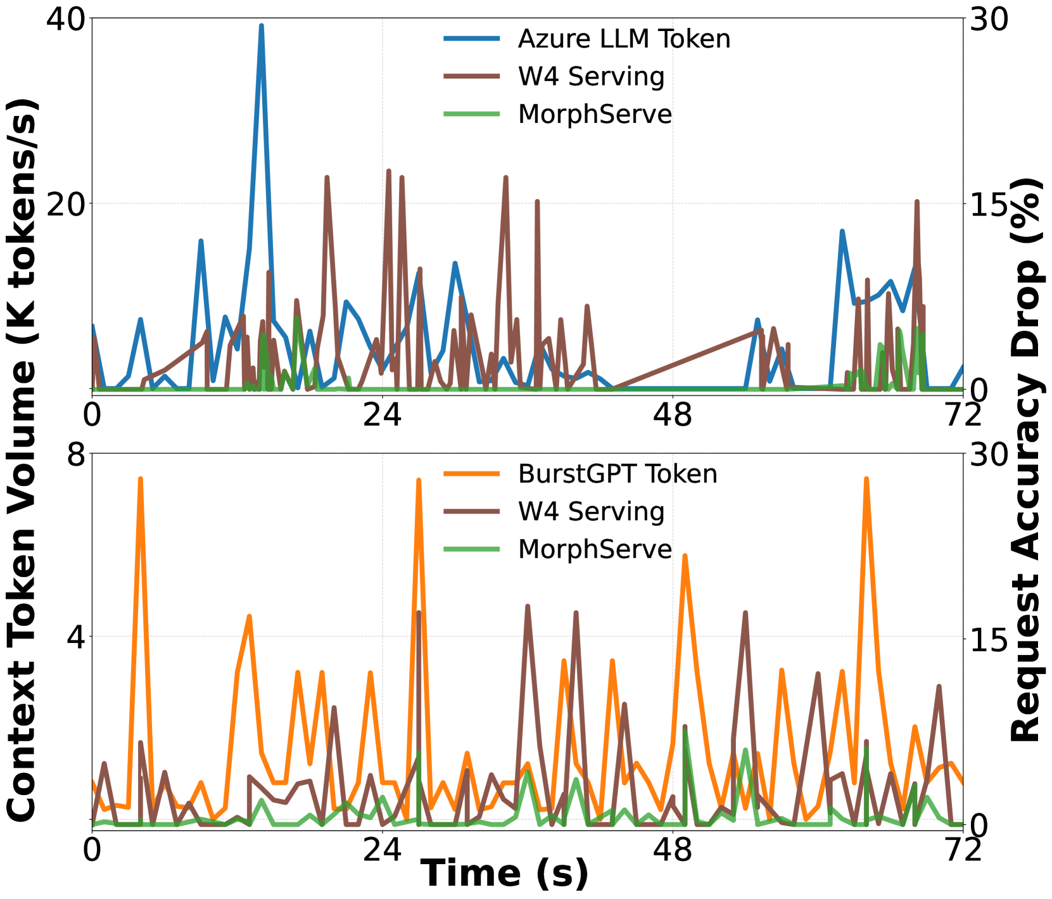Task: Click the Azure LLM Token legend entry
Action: pyautogui.click(x=624, y=39)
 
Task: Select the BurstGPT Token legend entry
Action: pyautogui.click(x=617, y=474)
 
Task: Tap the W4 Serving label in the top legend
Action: pyautogui.click(x=591, y=77)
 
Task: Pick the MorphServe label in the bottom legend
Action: pyautogui.click(x=595, y=549)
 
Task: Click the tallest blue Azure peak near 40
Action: pyautogui.click(x=261, y=26)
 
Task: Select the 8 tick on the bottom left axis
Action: pyautogui.click(x=76, y=454)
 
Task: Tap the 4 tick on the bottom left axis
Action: pyautogui.click(x=76, y=637)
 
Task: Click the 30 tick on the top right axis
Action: pyautogui.click(x=989, y=19)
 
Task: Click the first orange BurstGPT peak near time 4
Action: pyautogui.click(x=140, y=479)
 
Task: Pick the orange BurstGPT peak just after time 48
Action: pyautogui.click(x=685, y=556)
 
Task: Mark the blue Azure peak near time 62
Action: pyautogui.click(x=842, y=231)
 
